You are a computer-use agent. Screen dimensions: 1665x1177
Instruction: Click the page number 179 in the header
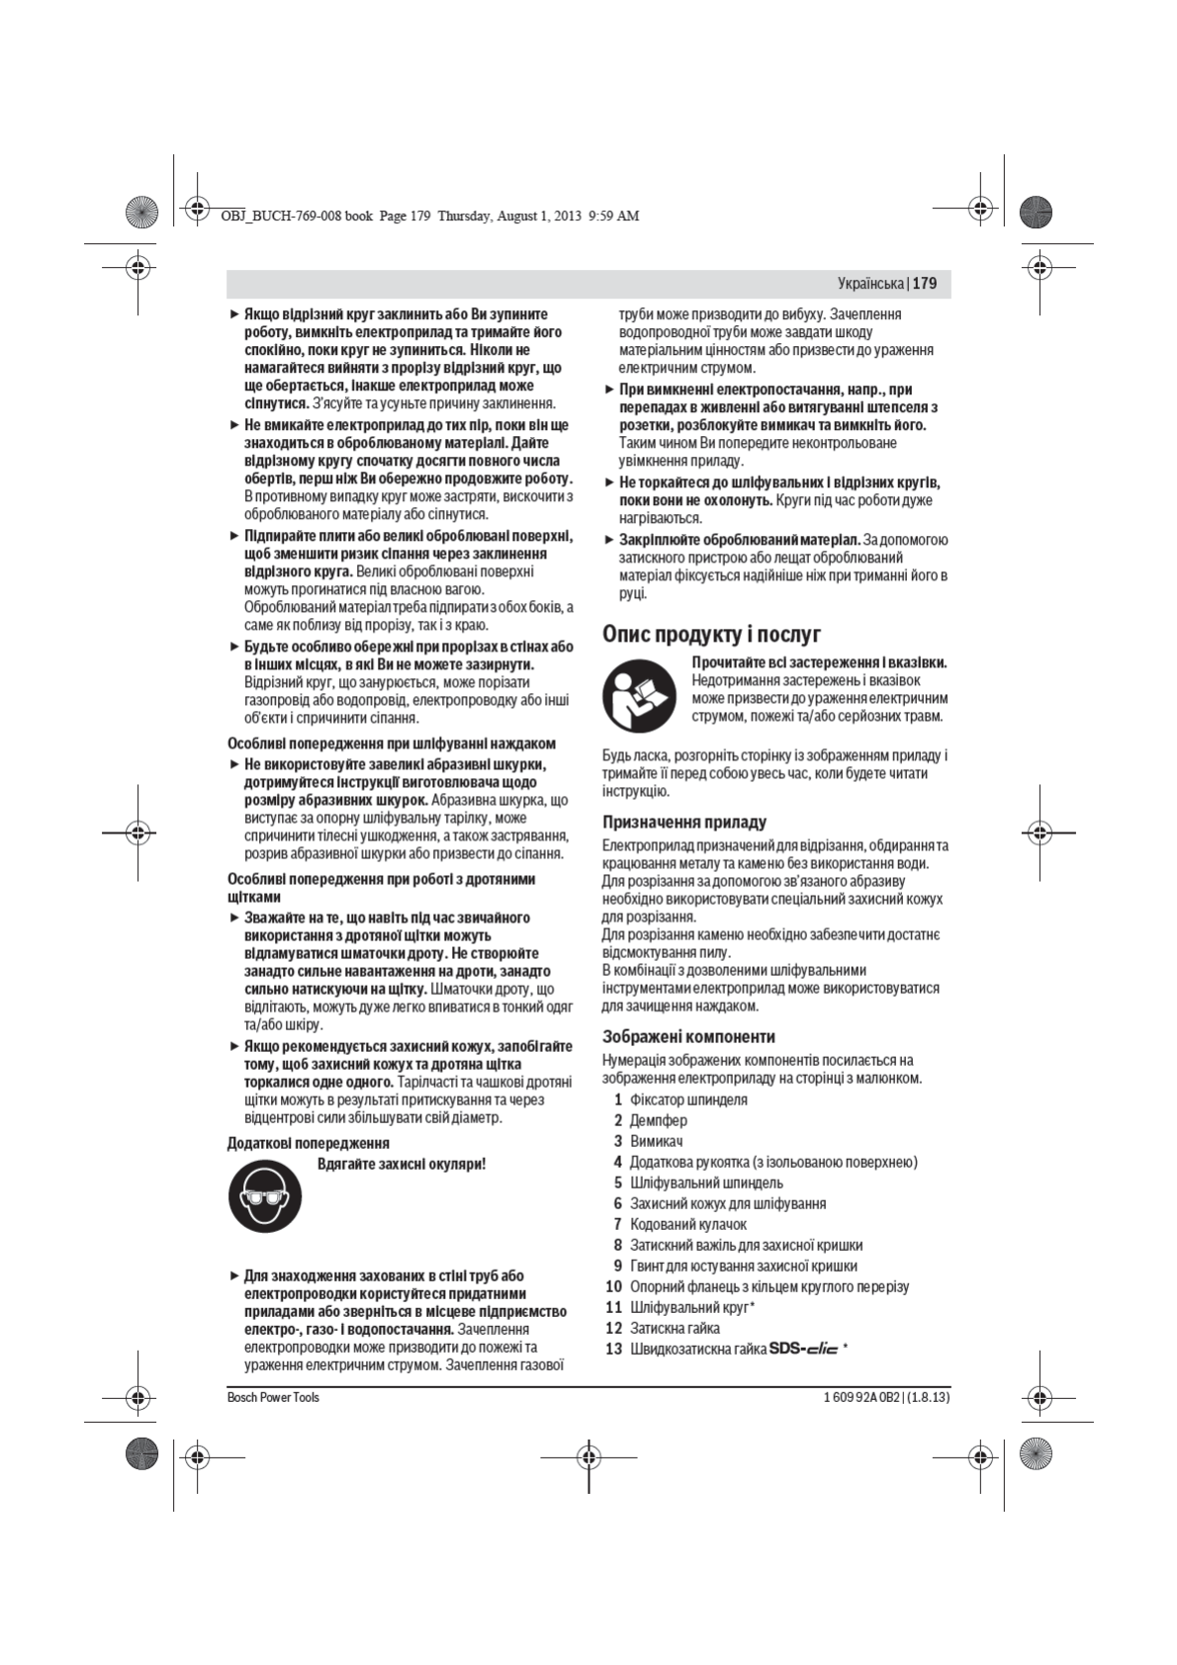click(x=925, y=284)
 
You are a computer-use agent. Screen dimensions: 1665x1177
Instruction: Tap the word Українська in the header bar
click(x=870, y=284)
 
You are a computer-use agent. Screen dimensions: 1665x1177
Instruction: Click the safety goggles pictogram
click(x=265, y=1196)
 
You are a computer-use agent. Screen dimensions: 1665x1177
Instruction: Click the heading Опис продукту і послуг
click(x=711, y=634)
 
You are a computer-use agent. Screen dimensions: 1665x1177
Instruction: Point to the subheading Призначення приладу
click(x=684, y=822)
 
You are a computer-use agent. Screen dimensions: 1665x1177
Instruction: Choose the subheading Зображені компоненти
click(x=688, y=1036)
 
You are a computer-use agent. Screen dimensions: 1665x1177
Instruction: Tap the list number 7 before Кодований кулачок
click(x=617, y=1224)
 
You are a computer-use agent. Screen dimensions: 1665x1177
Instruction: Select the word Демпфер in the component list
click(x=658, y=1120)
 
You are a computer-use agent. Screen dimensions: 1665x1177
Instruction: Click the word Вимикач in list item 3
click(x=656, y=1141)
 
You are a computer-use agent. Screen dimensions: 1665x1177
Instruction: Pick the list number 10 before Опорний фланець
click(x=613, y=1286)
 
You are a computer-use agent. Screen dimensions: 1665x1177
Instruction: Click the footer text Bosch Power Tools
click(x=273, y=1397)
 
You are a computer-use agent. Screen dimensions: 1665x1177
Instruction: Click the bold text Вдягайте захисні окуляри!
click(x=402, y=1164)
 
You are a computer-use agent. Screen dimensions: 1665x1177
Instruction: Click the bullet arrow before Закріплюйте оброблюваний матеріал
click(x=609, y=540)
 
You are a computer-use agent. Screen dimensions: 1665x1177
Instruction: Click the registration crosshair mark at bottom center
click(x=588, y=1456)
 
